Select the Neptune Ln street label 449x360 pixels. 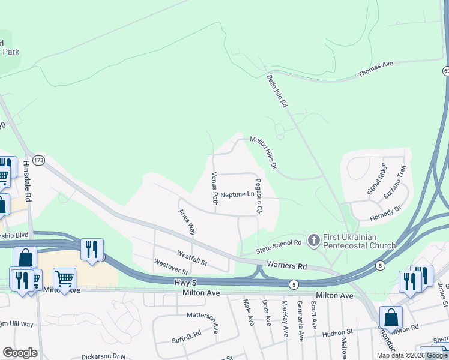pos(237,194)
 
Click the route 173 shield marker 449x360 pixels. pos(39,160)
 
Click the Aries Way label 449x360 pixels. pos(187,222)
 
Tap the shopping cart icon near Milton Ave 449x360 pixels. pos(64,278)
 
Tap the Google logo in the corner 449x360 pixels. pos(20,352)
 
